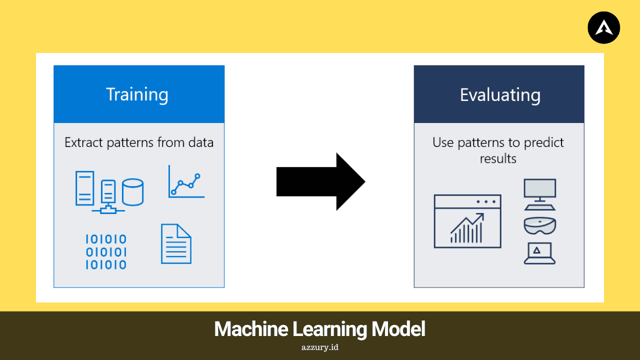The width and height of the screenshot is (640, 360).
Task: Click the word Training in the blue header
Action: click(x=137, y=95)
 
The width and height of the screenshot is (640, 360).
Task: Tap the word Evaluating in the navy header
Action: click(x=500, y=95)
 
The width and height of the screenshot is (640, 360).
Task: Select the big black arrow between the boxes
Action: click(x=320, y=181)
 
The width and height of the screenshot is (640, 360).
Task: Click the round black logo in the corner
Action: click(x=603, y=27)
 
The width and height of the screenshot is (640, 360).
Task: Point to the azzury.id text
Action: click(x=319, y=347)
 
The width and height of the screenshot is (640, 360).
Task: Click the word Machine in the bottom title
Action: click(x=251, y=329)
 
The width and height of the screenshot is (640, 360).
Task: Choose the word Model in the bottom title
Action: click(x=398, y=329)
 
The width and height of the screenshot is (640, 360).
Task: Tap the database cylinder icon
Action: click(x=133, y=192)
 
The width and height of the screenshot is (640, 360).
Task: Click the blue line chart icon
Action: click(x=186, y=181)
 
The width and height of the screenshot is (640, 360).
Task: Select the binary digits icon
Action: click(x=106, y=252)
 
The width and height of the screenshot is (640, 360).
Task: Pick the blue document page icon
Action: click(x=176, y=243)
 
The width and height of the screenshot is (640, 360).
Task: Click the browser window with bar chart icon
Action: click(x=467, y=221)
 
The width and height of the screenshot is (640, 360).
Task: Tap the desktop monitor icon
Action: click(x=539, y=194)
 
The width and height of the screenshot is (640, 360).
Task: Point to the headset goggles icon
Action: click(x=539, y=225)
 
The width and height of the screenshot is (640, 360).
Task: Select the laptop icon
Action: click(x=539, y=253)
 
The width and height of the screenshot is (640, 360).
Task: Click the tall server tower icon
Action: click(x=84, y=188)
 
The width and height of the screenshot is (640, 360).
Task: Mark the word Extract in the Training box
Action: click(x=83, y=142)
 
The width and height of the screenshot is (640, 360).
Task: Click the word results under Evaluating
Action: click(x=498, y=158)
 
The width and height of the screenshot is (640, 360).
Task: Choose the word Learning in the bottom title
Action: click(x=329, y=329)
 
